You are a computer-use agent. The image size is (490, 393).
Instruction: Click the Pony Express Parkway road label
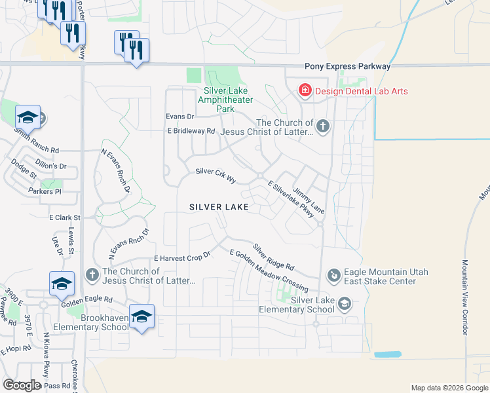click(x=347, y=67)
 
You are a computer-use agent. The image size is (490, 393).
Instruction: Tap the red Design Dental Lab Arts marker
click(x=305, y=90)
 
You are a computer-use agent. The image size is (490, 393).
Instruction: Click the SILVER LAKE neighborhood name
click(x=219, y=207)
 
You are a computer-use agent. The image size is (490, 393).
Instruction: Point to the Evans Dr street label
click(x=180, y=117)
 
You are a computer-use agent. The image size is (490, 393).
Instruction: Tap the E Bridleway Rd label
click(x=191, y=131)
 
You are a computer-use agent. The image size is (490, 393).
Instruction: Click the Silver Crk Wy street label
click(x=216, y=172)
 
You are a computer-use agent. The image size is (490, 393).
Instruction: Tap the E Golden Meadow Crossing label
click(x=269, y=271)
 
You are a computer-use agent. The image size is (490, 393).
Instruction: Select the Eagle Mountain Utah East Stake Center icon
click(x=333, y=276)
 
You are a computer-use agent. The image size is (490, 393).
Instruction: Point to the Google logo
click(x=21, y=385)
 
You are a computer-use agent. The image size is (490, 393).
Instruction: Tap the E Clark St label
click(x=64, y=217)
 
